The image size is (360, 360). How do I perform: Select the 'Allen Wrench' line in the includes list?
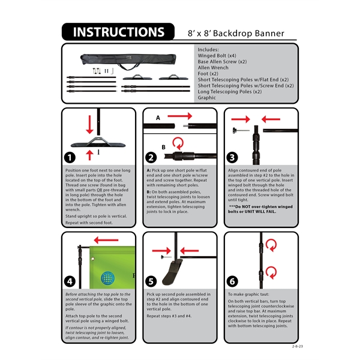click(x=214, y=67)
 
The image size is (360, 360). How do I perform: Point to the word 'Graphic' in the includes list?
click(x=207, y=97)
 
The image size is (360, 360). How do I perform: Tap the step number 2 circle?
click(x=151, y=157)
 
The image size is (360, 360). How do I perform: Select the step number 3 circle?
click(x=232, y=157)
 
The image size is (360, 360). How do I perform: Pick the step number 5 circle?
click(x=151, y=281)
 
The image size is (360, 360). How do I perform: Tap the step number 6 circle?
click(x=232, y=281)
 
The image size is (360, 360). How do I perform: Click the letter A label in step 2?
click(x=158, y=118)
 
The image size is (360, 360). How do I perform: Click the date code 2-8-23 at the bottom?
click(x=289, y=347)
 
